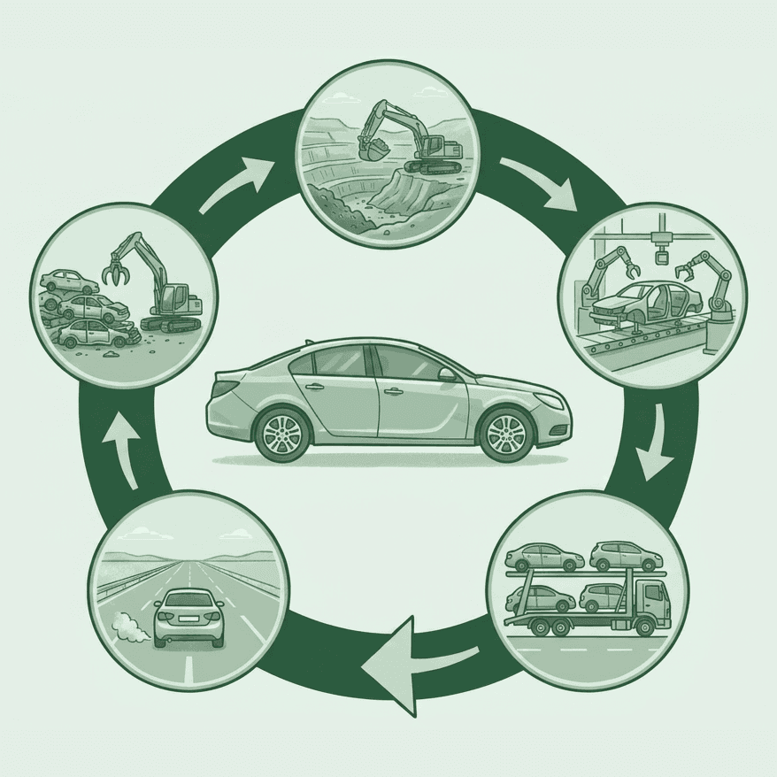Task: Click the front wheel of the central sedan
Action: click(506, 434)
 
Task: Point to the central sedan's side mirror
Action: click(448, 374)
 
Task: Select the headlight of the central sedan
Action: click(548, 401)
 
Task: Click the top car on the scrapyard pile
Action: click(70, 282)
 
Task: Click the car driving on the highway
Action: click(188, 616)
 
